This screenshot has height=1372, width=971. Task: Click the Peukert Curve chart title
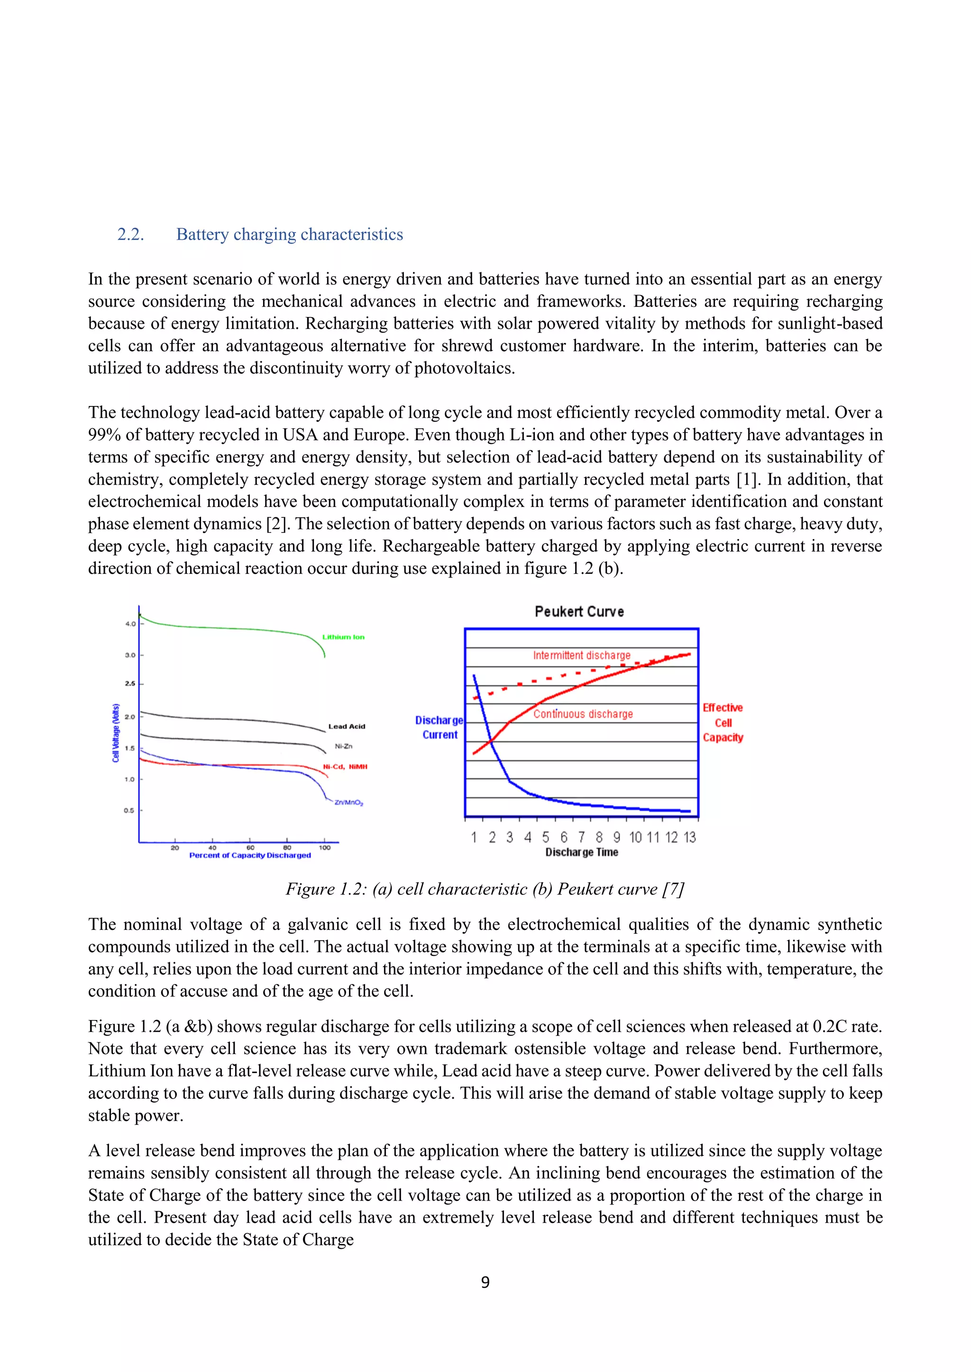[579, 611]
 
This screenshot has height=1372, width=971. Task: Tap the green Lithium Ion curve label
[343, 637]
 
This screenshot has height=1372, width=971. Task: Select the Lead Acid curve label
[346, 727]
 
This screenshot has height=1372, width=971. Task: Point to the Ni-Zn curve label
[343, 746]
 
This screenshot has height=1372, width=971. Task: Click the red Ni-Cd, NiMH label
[345, 767]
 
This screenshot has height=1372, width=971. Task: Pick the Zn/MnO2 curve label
[348, 803]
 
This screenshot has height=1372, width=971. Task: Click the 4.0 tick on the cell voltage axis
[130, 624]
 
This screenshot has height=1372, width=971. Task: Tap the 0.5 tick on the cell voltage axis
[128, 811]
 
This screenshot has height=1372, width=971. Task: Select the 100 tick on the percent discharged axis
[325, 848]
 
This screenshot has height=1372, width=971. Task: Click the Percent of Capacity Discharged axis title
[250, 856]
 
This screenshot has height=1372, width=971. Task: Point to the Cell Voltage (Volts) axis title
[116, 732]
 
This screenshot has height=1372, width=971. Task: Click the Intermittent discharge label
[581, 656]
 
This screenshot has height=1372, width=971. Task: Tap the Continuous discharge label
[583, 714]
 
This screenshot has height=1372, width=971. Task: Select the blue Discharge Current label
[440, 728]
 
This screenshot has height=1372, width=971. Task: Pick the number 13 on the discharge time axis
[689, 838]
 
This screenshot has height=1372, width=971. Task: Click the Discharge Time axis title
[581, 853]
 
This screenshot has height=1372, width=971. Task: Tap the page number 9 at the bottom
[485, 1282]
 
